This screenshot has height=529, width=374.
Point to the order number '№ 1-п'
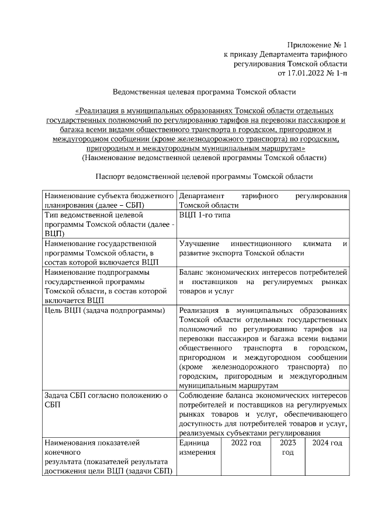point(337,73)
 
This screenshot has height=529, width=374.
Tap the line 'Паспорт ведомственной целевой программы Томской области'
point(204,176)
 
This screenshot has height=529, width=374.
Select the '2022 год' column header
point(245,443)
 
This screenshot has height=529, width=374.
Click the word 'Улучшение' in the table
point(199,243)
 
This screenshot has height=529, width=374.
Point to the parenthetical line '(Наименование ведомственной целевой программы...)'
point(204,157)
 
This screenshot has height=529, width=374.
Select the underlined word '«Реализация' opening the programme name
point(99,110)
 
